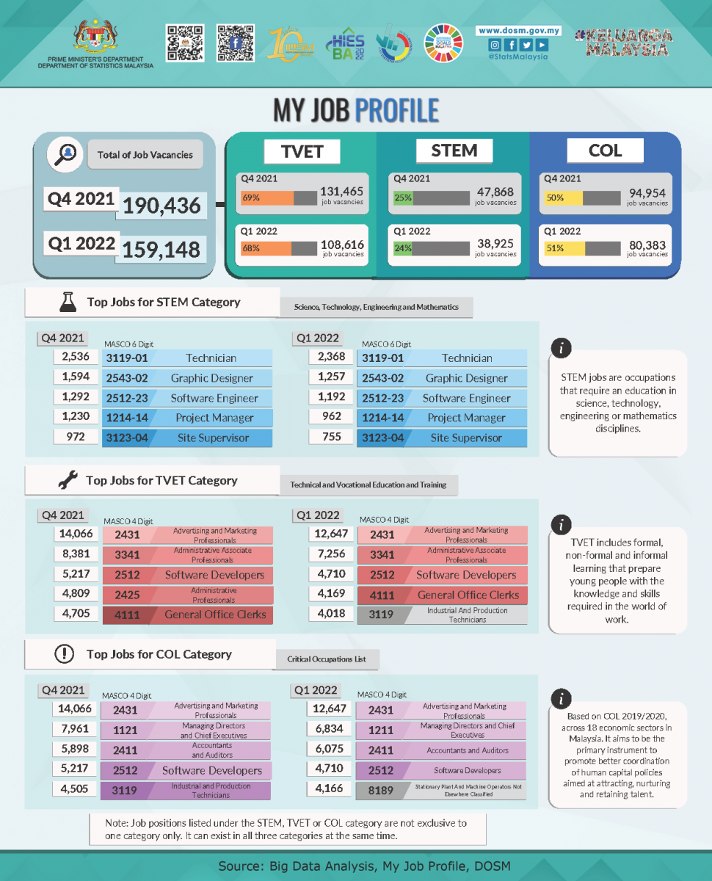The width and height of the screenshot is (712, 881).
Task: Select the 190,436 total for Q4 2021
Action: [x=161, y=206]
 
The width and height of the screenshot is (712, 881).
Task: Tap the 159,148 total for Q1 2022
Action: [x=161, y=249]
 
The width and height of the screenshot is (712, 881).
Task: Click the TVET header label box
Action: [x=302, y=151]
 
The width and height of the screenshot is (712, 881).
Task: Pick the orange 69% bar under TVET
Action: [x=267, y=198]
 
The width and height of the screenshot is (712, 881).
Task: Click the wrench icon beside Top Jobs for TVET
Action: [x=68, y=481]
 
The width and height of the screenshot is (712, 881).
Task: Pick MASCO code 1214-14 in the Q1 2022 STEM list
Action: [x=382, y=418]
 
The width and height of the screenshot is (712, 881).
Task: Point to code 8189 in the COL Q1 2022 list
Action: [x=381, y=790]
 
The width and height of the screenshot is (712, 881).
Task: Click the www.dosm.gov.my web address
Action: [x=519, y=31]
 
